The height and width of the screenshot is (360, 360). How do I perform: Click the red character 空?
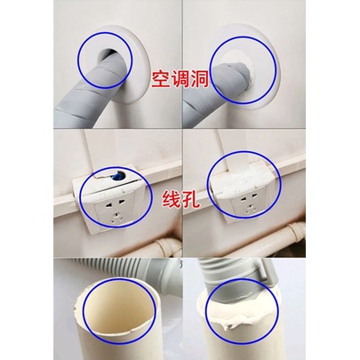pos(161,79)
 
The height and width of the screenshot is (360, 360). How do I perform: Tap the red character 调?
pos(180,79)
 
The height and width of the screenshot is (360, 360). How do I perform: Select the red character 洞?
pos(199,79)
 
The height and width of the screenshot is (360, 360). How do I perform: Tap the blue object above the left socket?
pos(117,176)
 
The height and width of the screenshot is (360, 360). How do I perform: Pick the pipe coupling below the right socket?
pos(296,231)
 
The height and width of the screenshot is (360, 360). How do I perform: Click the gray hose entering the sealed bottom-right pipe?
pos(229,278)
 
